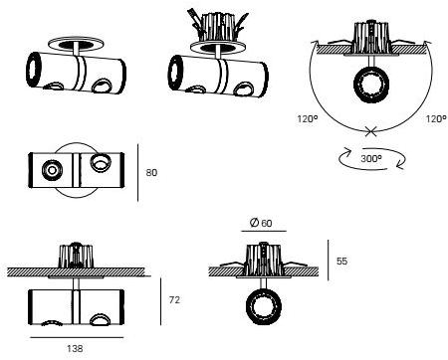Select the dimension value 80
151,172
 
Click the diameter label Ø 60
263,223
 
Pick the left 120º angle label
308,117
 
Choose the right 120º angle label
436,117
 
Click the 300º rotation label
371,157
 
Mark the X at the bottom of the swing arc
371,130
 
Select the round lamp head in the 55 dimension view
264,305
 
